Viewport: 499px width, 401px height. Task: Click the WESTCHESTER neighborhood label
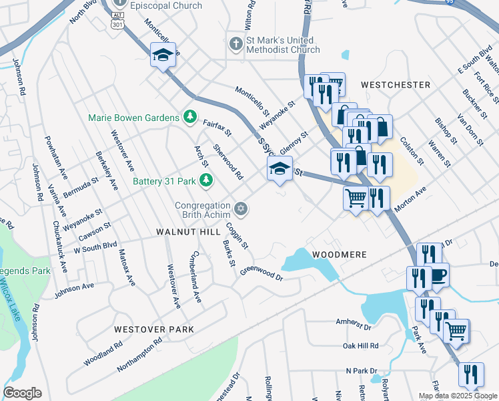pyautogui.click(x=395, y=85)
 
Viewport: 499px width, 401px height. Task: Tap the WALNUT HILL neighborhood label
pyautogui.click(x=187, y=231)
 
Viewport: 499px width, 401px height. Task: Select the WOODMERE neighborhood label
pyautogui.click(x=340, y=255)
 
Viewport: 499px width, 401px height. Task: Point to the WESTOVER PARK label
pyautogui.click(x=153, y=329)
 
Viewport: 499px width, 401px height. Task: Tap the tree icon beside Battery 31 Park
pyautogui.click(x=206, y=180)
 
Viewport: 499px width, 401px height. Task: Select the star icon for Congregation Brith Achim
pyautogui.click(x=241, y=210)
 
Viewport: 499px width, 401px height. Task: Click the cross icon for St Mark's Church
pyautogui.click(x=235, y=44)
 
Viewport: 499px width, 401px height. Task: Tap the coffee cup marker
pyautogui.click(x=438, y=276)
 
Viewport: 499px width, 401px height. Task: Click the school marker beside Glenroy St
pyautogui.click(x=280, y=169)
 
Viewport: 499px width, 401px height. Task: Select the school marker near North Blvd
pyautogui.click(x=162, y=56)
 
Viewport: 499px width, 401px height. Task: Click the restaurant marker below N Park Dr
pyautogui.click(x=471, y=374)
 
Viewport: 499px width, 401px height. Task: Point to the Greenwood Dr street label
pyautogui.click(x=262, y=273)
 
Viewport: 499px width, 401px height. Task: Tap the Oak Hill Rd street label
pyautogui.click(x=360, y=346)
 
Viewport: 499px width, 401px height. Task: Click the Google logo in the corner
pyautogui.click(x=22, y=393)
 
